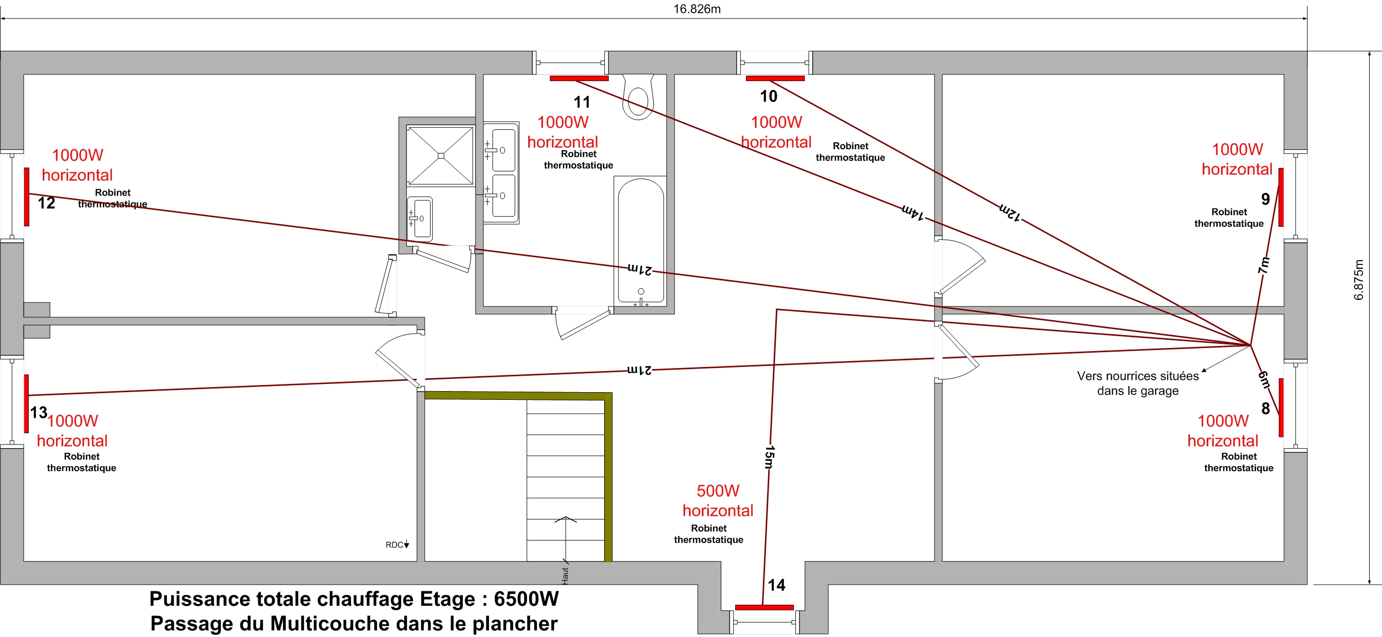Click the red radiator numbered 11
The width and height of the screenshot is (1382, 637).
579,79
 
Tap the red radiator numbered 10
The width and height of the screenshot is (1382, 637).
775,79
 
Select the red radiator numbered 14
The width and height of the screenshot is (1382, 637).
764,607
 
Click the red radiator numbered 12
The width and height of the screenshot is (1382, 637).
26,197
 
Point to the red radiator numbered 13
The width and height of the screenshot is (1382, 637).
26,403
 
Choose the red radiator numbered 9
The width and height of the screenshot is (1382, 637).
1281,197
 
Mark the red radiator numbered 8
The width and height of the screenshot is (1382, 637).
1281,408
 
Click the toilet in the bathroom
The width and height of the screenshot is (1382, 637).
638,96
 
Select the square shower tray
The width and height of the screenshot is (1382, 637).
440,156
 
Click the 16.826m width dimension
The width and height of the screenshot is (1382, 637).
697,9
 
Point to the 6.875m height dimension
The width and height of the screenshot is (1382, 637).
1358,279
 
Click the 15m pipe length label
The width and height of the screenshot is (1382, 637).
769,457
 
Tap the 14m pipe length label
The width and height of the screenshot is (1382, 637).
912,212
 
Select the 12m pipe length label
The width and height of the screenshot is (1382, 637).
1010,212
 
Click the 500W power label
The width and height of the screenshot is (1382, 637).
718,491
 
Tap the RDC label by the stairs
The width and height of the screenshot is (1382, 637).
395,545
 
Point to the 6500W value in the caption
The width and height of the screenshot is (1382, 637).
526,599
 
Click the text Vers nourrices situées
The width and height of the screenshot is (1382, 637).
1138,376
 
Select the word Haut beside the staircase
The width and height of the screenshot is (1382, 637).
565,575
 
